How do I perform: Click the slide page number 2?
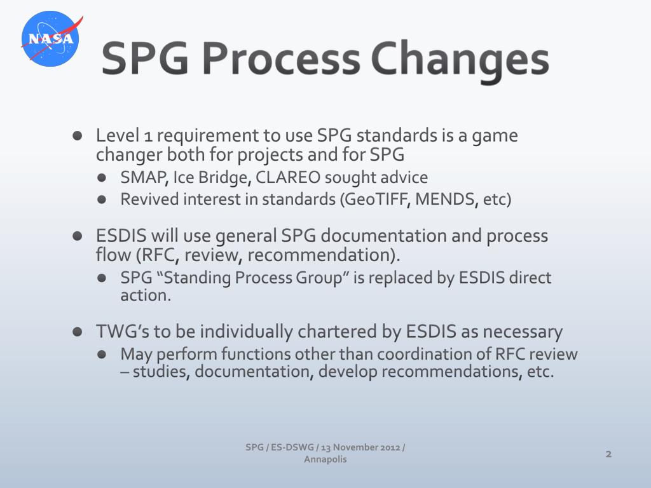pyautogui.click(x=608, y=454)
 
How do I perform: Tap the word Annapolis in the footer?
pyautogui.click(x=325, y=459)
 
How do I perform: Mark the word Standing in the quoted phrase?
pyautogui.click(x=189, y=278)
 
